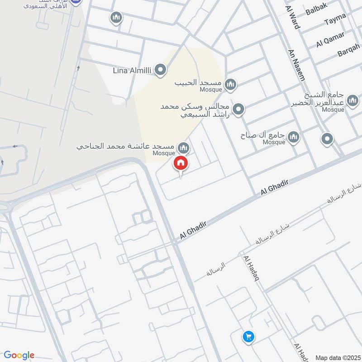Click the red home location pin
coord(181,163)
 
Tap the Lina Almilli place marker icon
coord(160,70)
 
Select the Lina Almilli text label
coord(133,71)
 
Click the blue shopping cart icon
coord(248,336)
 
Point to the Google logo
coord(19,355)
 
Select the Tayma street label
coord(335,19)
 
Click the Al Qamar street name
coord(330,40)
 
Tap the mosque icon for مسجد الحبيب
coord(231,84)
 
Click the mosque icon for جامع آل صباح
coord(294,137)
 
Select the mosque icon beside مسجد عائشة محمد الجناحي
coord(183,147)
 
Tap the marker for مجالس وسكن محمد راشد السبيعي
coord(238,109)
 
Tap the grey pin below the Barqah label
coord(327,139)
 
